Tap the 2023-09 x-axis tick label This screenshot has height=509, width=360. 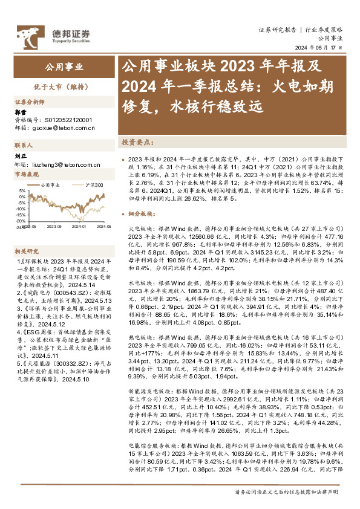pyautogui.click(x=55, y=225)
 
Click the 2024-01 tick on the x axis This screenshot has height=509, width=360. pyautogui.click(x=80, y=225)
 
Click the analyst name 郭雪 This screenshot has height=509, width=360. pyautogui.click(x=20, y=112)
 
